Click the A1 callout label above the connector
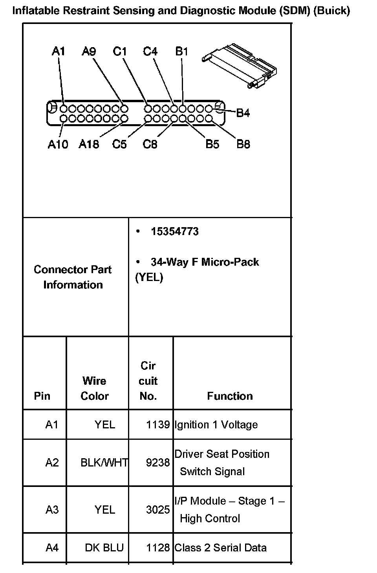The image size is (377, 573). [x=59, y=51]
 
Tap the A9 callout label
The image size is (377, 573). [x=89, y=51]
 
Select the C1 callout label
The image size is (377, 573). [x=120, y=51]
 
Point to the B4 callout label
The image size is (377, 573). [x=243, y=113]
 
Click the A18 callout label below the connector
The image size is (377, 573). [x=89, y=144]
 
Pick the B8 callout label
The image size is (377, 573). [x=243, y=144]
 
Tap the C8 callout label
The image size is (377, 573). [x=150, y=144]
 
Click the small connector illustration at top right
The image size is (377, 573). [x=239, y=65]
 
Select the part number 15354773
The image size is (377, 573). [x=175, y=231]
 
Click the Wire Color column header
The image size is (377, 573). [x=95, y=388]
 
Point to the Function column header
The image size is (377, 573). [x=230, y=396]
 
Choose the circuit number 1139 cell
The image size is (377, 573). [x=158, y=425]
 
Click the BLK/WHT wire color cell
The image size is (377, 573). [x=104, y=463]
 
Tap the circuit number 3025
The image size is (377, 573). [x=158, y=510]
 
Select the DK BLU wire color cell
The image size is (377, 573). [x=104, y=547]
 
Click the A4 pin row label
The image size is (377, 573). [x=52, y=547]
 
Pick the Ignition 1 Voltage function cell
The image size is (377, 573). [x=216, y=425]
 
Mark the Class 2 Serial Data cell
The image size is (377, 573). [x=220, y=547]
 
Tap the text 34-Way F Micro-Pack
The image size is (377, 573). [x=205, y=262]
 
